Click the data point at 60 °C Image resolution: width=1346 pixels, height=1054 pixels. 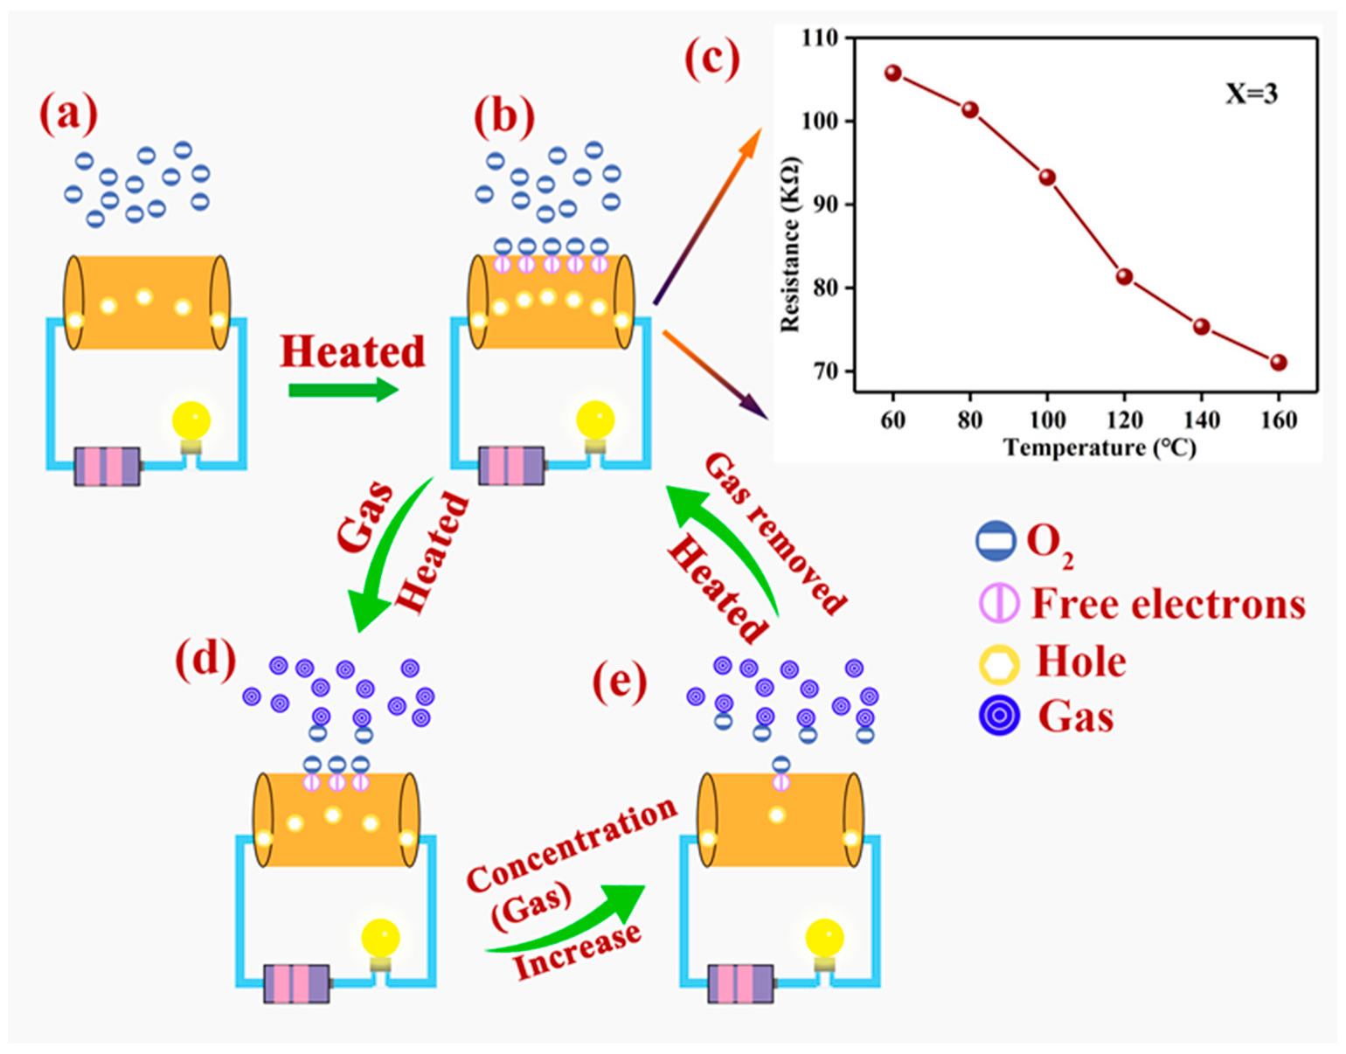point(892,73)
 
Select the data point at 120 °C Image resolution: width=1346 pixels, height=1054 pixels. point(1124,277)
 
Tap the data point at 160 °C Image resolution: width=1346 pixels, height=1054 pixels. point(1278,362)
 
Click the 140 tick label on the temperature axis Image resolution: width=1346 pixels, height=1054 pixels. point(1201,420)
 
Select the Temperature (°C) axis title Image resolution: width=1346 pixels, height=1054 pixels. point(1099,448)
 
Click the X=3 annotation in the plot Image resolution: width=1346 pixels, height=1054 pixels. point(1250,94)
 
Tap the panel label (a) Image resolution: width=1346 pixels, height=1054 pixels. point(68,114)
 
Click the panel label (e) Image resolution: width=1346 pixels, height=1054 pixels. point(620,681)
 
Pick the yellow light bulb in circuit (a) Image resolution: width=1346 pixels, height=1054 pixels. point(191,422)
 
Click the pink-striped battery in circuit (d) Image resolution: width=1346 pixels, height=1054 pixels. point(297,983)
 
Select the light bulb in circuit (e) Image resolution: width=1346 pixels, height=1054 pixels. point(824,940)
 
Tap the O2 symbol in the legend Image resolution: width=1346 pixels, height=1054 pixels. point(996,541)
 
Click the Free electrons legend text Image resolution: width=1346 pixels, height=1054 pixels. point(1168,604)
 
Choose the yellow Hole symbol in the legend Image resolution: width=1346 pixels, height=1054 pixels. point(998,664)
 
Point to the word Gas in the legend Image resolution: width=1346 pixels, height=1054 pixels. point(1075,717)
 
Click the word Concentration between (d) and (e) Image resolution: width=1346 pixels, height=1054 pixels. point(572,845)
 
